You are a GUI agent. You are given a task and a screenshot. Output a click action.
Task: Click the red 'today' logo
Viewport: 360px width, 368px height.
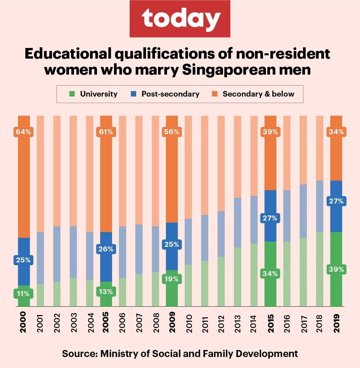point(180,19)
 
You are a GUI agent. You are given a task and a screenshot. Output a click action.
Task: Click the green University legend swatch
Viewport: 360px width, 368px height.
point(71,94)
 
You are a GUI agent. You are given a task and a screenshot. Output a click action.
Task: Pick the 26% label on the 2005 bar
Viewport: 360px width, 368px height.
point(106,249)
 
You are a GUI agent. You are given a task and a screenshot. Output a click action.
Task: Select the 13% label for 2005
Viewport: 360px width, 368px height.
point(106,292)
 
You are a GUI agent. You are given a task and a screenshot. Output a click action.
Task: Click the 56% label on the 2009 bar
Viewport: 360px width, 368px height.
point(172,132)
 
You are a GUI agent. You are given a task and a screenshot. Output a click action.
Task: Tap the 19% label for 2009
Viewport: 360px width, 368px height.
point(172,279)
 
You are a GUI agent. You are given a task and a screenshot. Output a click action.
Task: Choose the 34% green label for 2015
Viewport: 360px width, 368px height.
point(270,274)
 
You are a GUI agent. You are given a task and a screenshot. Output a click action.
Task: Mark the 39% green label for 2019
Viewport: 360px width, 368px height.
point(336,269)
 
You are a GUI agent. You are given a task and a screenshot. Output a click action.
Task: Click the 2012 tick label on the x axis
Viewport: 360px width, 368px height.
point(221,323)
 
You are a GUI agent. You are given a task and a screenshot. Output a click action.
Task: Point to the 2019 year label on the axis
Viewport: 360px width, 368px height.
point(336,323)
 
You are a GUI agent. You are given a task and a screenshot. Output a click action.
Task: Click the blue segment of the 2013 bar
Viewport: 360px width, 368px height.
point(237,222)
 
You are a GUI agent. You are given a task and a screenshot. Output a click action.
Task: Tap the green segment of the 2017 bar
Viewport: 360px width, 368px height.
point(303,272)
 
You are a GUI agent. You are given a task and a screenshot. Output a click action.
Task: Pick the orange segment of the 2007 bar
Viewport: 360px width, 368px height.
point(139,170)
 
